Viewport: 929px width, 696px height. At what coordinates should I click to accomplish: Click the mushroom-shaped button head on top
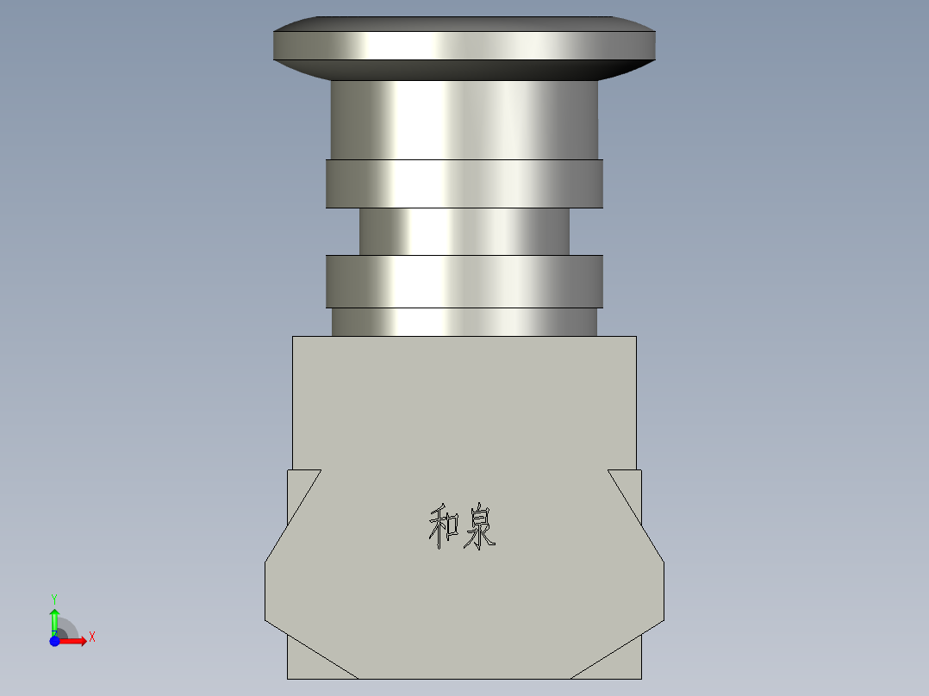464,45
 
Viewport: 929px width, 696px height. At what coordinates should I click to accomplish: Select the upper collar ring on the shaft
464,183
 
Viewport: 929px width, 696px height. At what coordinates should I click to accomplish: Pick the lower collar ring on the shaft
464,281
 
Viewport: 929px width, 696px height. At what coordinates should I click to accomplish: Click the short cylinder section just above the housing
464,321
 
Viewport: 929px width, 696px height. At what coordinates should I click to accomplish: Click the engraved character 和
444,527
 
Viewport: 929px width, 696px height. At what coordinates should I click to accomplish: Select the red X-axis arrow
74,640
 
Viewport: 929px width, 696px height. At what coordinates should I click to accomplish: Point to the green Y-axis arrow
54,619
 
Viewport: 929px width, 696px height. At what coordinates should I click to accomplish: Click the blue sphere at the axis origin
54,640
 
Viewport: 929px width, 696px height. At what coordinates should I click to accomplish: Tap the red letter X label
91,637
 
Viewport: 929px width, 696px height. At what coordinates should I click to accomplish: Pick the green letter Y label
53,598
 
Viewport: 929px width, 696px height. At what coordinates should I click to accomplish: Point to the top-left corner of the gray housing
294,338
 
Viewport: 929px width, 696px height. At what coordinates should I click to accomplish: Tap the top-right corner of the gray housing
635,338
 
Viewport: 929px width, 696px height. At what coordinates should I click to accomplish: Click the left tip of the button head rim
275,46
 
